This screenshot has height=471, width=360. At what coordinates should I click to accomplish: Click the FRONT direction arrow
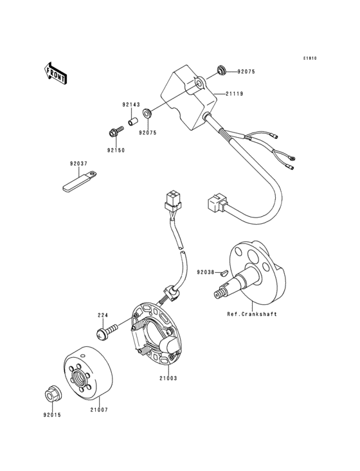click(56, 73)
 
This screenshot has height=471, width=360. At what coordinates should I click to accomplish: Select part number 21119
click(233, 94)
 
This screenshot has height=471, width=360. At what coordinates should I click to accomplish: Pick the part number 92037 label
click(79, 163)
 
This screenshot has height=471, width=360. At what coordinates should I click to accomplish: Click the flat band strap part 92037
click(80, 181)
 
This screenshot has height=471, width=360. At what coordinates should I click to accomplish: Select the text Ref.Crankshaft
click(252, 314)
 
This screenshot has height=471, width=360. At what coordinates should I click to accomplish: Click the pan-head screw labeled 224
click(107, 331)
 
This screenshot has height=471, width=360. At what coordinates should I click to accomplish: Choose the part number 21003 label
click(168, 378)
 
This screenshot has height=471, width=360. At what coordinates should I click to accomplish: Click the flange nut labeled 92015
click(53, 392)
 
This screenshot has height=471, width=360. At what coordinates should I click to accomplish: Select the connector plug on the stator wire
click(173, 201)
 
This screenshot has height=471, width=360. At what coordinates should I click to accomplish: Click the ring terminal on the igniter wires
click(292, 157)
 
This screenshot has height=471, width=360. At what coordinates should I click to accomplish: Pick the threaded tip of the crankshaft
click(220, 293)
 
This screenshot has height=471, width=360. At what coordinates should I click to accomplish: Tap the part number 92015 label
click(52, 415)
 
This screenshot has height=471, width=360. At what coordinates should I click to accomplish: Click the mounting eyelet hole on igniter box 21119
click(199, 82)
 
